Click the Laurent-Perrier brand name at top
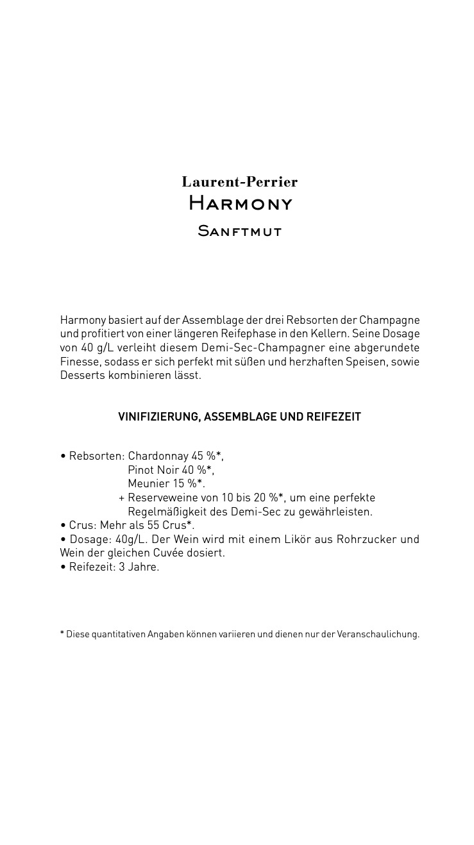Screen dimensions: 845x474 239,182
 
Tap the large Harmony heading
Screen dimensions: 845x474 240,204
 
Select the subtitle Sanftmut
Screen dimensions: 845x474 240,231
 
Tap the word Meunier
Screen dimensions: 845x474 148,483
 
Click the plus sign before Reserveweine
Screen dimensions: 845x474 121,498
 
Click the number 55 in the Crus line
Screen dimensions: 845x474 153,526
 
